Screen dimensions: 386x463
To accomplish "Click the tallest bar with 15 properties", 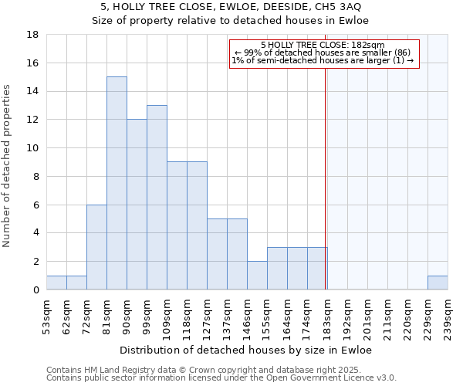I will click(x=117, y=183).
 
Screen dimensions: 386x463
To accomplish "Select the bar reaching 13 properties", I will click(x=157, y=197).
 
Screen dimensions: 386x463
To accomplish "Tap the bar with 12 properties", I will click(x=137, y=204).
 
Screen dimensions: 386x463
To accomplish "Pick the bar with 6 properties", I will click(x=96, y=247).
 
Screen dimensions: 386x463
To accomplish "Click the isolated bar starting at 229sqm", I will click(x=438, y=283).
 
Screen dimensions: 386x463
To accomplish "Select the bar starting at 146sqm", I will click(x=257, y=275).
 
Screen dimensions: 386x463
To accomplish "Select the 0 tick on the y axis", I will click(x=36, y=290).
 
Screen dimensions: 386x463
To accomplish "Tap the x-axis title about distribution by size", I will click(x=247, y=350).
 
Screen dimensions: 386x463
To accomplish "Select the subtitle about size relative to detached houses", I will click(x=231, y=20).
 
